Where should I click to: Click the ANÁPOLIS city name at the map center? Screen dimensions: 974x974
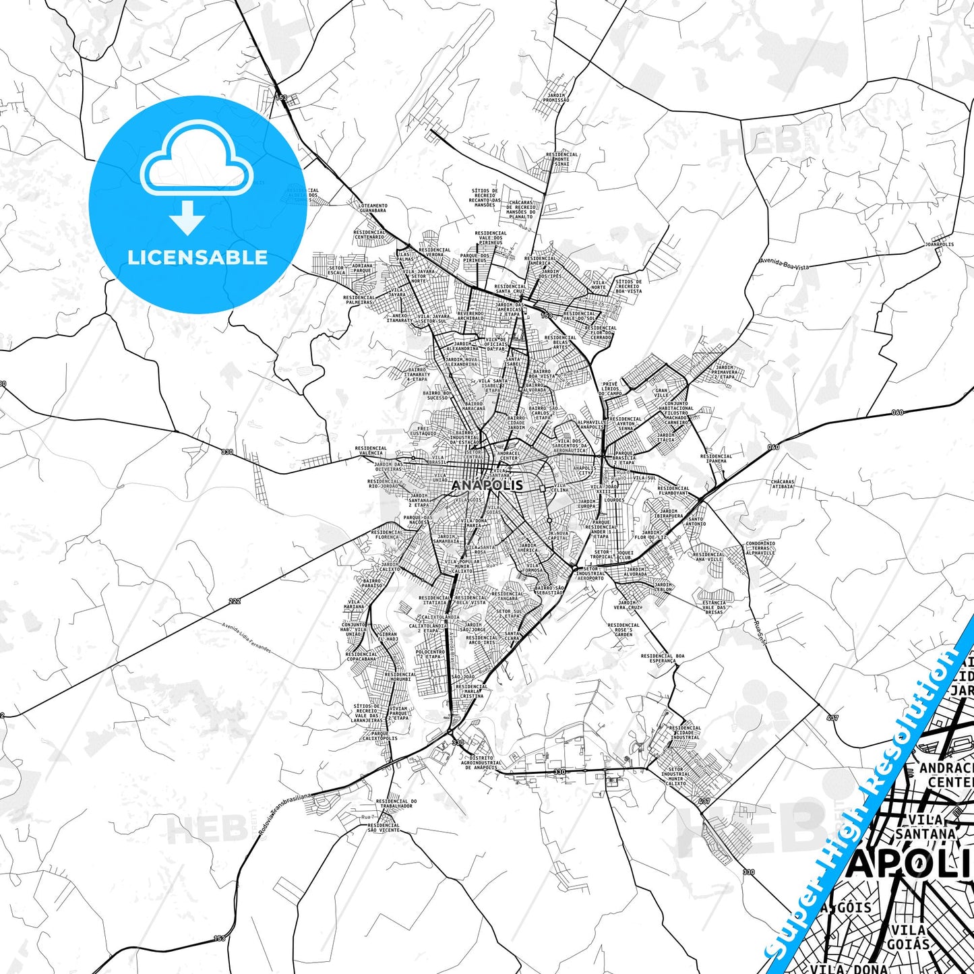(487, 485)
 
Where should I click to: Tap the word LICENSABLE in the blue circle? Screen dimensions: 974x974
(197, 257)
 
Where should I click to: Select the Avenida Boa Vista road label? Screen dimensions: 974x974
(784, 263)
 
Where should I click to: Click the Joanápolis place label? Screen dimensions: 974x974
(939, 244)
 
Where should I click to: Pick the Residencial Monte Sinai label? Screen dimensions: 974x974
(561, 159)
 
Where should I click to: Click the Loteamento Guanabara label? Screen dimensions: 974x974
(373, 208)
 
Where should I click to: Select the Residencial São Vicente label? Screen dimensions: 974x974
(384, 828)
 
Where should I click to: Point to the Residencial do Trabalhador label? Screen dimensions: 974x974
(396, 803)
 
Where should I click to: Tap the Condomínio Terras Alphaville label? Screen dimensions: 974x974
(760, 547)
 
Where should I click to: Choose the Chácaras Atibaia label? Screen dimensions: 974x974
(783, 484)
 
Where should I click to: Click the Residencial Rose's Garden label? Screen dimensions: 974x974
(623, 630)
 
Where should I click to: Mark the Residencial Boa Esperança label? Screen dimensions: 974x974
(663, 658)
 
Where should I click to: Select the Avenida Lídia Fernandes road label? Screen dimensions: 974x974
(247, 638)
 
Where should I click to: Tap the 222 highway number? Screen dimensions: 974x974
(234, 601)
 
